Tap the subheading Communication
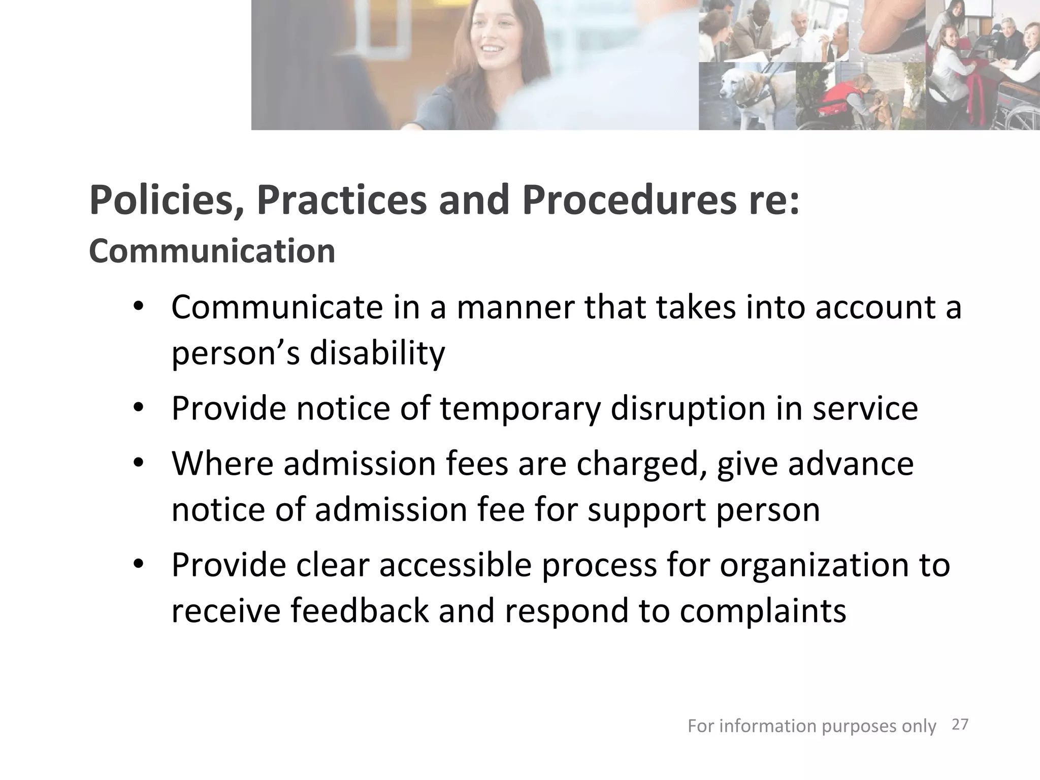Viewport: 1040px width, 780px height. [212, 251]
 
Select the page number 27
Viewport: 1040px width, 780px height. [960, 724]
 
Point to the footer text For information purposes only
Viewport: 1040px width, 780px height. [811, 726]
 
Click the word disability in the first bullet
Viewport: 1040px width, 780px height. [377, 352]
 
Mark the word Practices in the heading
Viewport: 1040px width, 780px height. [342, 201]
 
